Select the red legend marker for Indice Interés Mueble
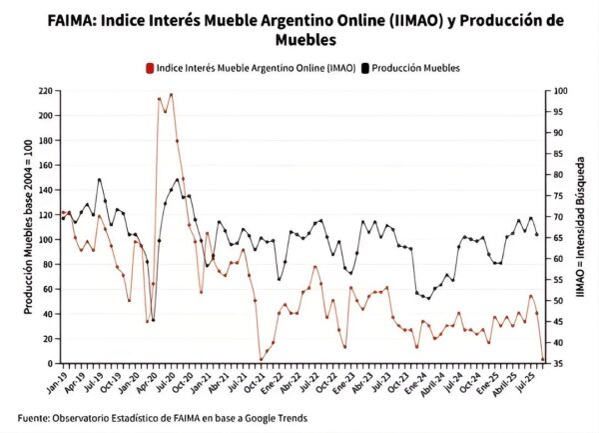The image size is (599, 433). pyautogui.click(x=149, y=68)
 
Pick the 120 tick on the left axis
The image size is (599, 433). pyautogui.click(x=44, y=215)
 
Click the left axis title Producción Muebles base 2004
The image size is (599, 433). pyautogui.click(x=29, y=228)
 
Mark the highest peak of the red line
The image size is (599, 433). pyautogui.click(x=171, y=94)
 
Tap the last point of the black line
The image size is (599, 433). pyautogui.click(x=537, y=235)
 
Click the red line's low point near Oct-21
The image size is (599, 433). pyautogui.click(x=261, y=359)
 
